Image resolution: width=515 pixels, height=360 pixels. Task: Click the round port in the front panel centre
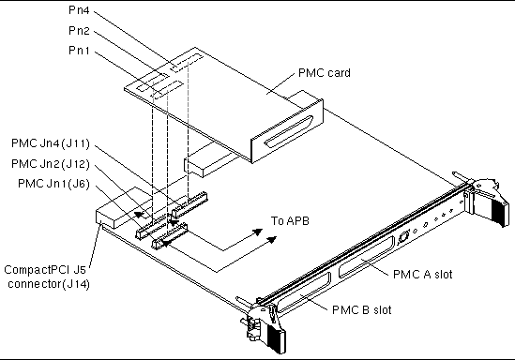[x=405, y=238]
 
